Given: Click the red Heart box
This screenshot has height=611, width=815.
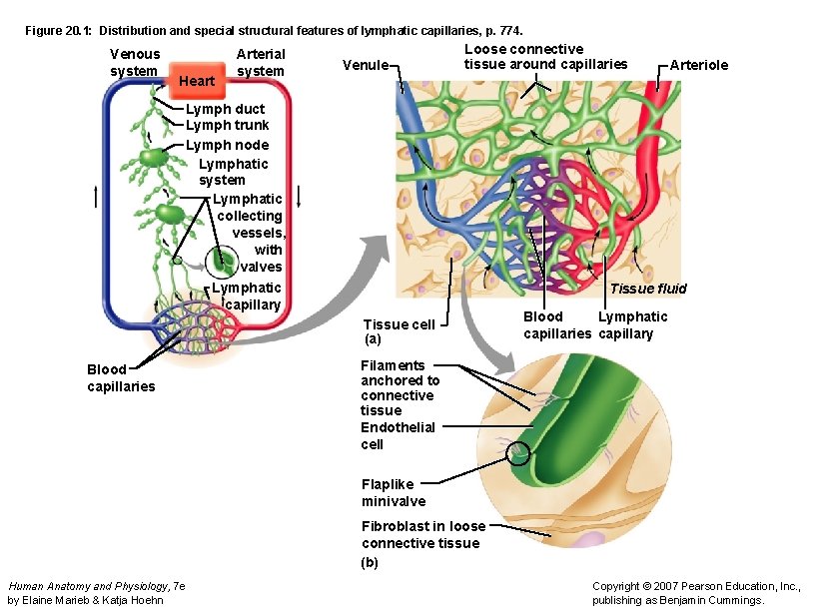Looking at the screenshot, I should coord(196,79).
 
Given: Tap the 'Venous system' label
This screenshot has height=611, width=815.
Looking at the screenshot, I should coord(134,62).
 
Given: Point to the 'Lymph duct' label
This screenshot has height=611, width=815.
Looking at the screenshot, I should coord(225,109).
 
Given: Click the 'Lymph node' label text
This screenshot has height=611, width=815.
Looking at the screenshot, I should coord(227,145).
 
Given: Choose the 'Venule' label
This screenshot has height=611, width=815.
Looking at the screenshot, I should coord(365,65).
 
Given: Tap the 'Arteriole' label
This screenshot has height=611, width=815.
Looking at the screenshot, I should coord(699,65).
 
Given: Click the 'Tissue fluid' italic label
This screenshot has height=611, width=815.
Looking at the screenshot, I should coord(648,289).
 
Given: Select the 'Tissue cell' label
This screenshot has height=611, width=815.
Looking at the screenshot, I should coord(399,324).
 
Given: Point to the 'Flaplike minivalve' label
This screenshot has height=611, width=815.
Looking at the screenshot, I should coord(394,492).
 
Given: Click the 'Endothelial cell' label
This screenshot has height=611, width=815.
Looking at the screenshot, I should coord(398,435).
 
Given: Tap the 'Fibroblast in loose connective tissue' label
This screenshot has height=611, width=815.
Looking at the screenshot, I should coord(423,534).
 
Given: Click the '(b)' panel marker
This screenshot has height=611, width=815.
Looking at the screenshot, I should coord(370,562).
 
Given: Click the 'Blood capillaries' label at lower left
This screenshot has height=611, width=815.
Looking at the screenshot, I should coord(121,377).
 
